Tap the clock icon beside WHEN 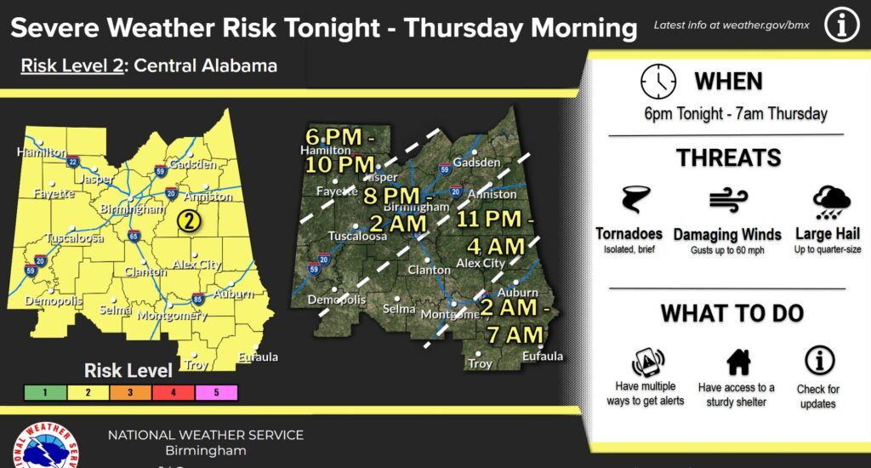click(658, 82)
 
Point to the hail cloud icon click(831, 203)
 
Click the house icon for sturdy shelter click(737, 362)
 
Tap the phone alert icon click(647, 362)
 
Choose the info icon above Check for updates click(818, 360)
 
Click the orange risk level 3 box click(134, 392)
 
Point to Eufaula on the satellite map click(544, 356)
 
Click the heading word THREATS click(728, 157)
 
